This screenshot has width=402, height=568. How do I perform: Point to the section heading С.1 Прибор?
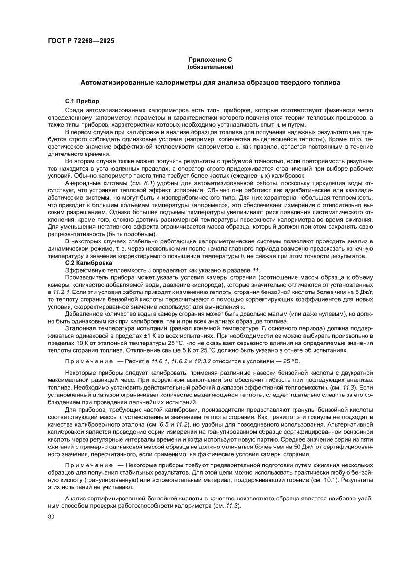82,101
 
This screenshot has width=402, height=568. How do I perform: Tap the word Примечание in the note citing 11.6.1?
87,361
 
